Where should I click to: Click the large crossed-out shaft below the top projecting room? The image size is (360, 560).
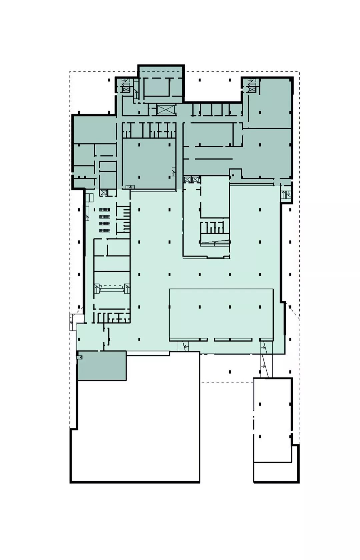pyautogui.click(x=166, y=110)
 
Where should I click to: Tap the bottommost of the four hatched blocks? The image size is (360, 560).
pyautogui.click(x=104, y=230)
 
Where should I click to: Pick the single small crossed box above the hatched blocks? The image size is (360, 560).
pyautogui.click(x=103, y=193)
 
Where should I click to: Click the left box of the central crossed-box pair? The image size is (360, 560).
pyautogui.click(x=187, y=180)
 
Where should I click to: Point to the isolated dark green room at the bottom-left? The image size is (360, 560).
pyautogui.click(x=102, y=365)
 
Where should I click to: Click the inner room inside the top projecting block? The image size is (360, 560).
pyautogui.click(x=157, y=87)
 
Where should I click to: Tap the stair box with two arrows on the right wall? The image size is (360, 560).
pyautogui.click(x=286, y=194)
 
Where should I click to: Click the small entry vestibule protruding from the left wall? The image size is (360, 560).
pyautogui.click(x=73, y=321)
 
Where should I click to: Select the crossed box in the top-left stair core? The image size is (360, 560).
pyautogui.click(x=126, y=88)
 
